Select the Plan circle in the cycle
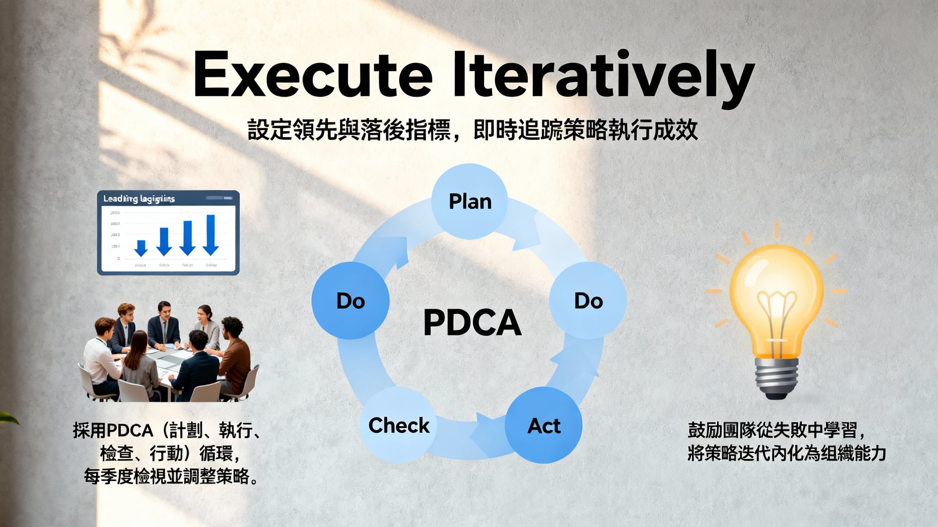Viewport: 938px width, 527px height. (x=469, y=201)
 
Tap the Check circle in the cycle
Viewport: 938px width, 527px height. (x=398, y=425)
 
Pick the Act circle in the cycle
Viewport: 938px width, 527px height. (x=543, y=425)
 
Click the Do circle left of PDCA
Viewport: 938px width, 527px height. (x=350, y=300)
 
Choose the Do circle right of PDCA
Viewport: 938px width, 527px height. (x=588, y=300)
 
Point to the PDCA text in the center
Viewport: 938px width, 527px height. (x=472, y=322)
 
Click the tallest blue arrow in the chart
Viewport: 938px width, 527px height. (x=211, y=235)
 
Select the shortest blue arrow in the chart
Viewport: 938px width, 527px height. (x=141, y=248)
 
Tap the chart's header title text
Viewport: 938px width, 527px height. (x=139, y=199)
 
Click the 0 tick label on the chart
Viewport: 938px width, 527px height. (x=118, y=258)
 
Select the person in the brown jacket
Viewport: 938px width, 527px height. (x=235, y=352)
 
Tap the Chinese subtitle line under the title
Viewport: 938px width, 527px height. (x=472, y=130)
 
